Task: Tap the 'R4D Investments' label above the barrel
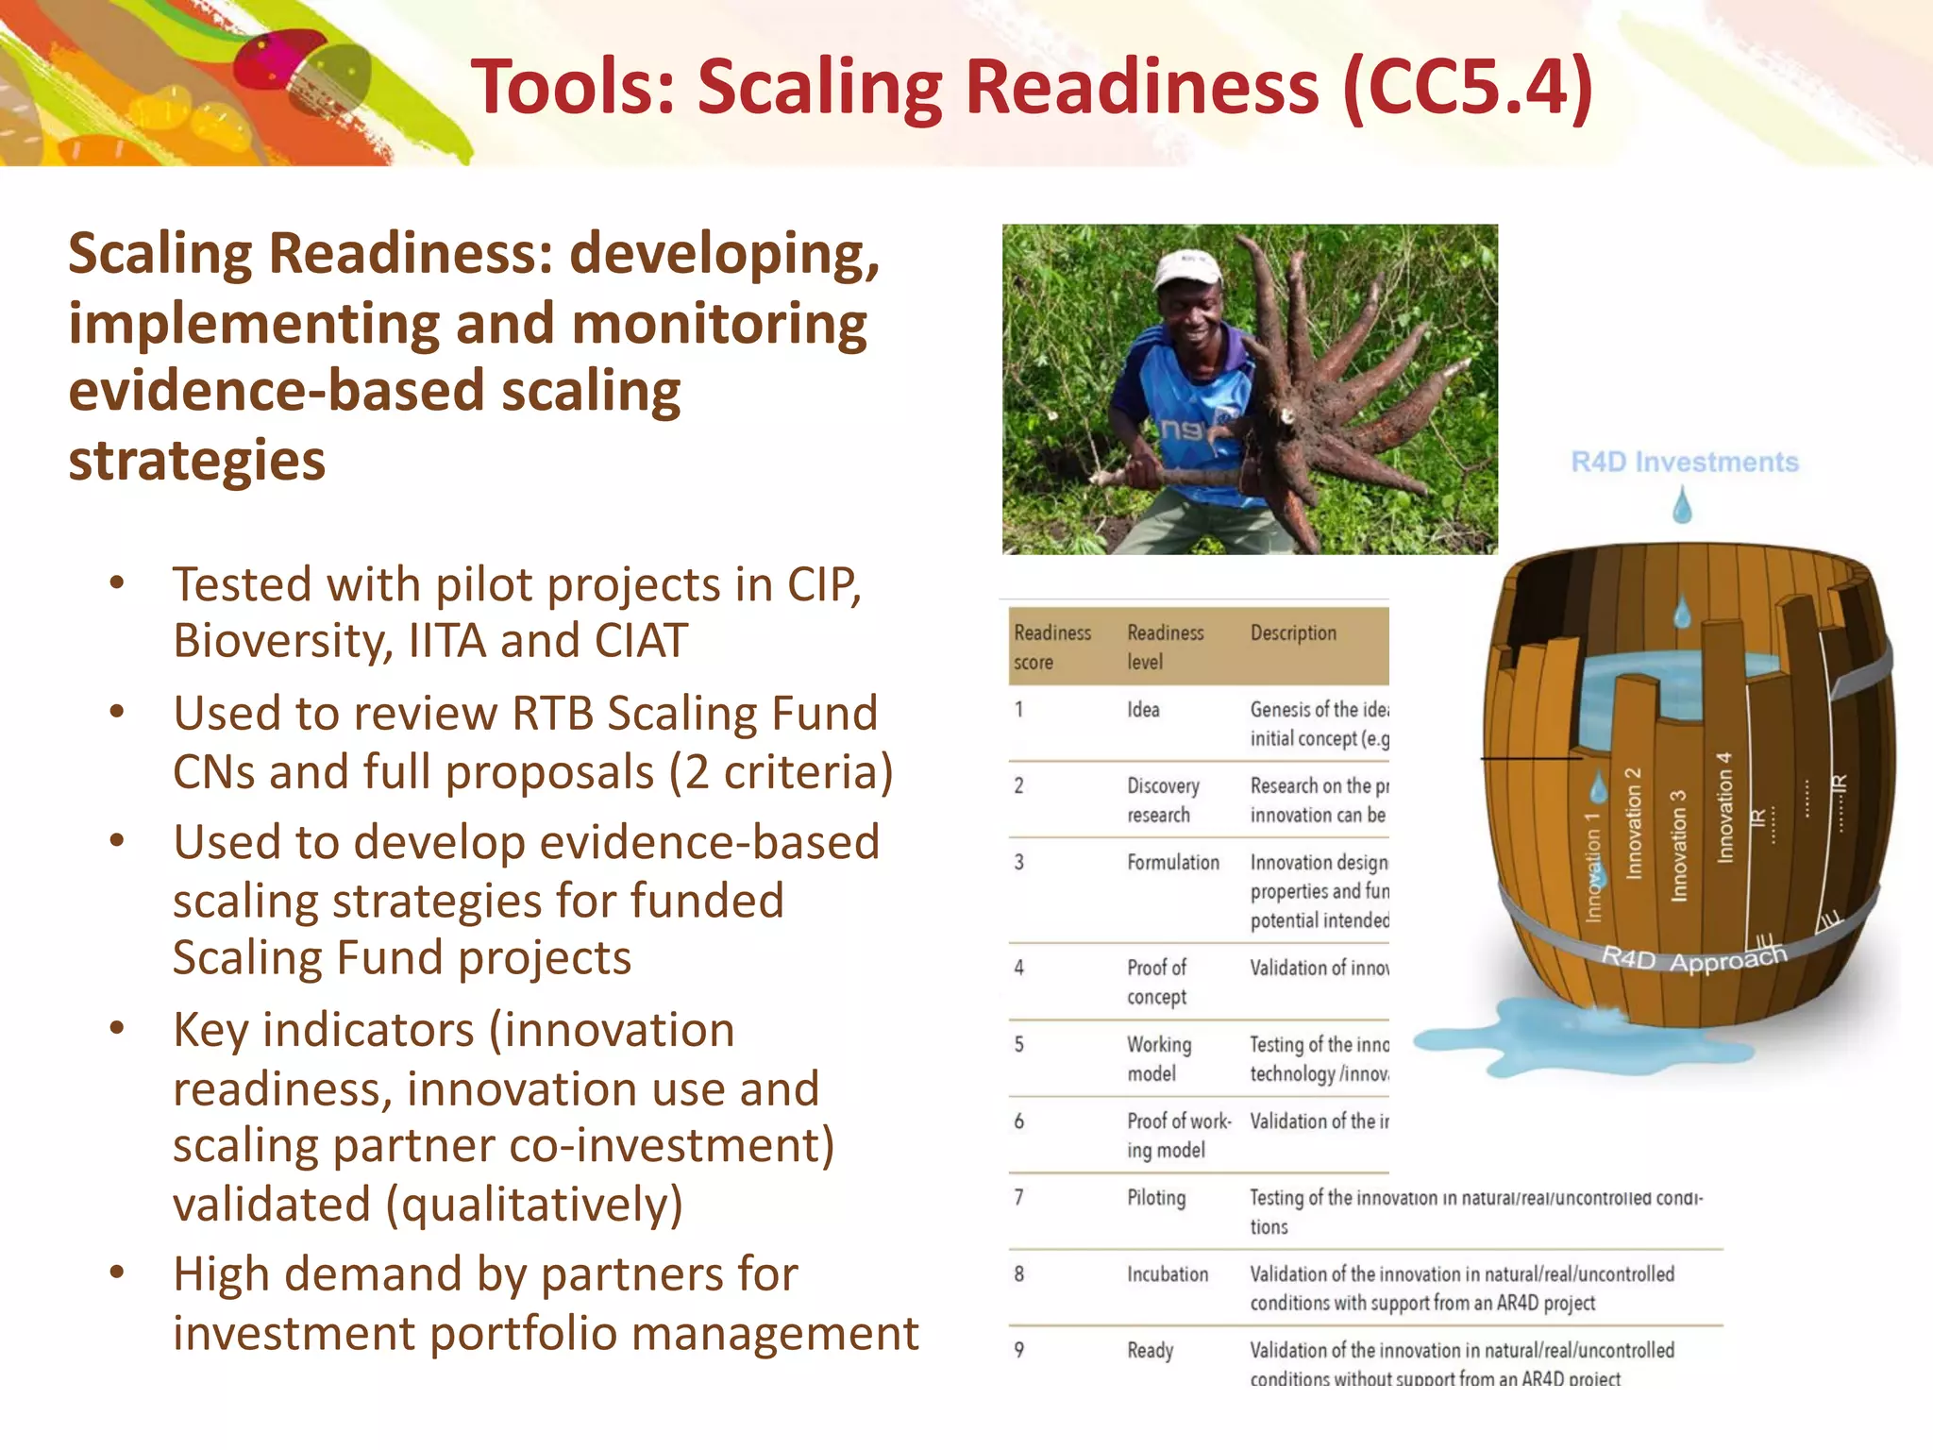pyautogui.click(x=1684, y=462)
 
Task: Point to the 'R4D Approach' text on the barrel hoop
pyautogui.click(x=1694, y=957)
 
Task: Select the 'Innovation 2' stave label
pyautogui.click(x=1633, y=823)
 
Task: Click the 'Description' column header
pyautogui.click(x=1293, y=632)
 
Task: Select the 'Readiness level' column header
pyautogui.click(x=1165, y=647)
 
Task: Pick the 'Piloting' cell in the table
pyautogui.click(x=1156, y=1197)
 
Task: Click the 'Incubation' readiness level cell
pyautogui.click(x=1167, y=1273)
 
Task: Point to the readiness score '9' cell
pyautogui.click(x=1019, y=1350)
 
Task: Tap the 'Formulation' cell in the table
pyautogui.click(x=1172, y=862)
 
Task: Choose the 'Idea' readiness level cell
pyautogui.click(x=1143, y=709)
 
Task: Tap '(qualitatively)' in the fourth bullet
pyautogui.click(x=534, y=1205)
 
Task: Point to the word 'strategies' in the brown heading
pyautogui.click(x=196, y=461)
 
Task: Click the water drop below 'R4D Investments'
pyautogui.click(x=1682, y=506)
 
